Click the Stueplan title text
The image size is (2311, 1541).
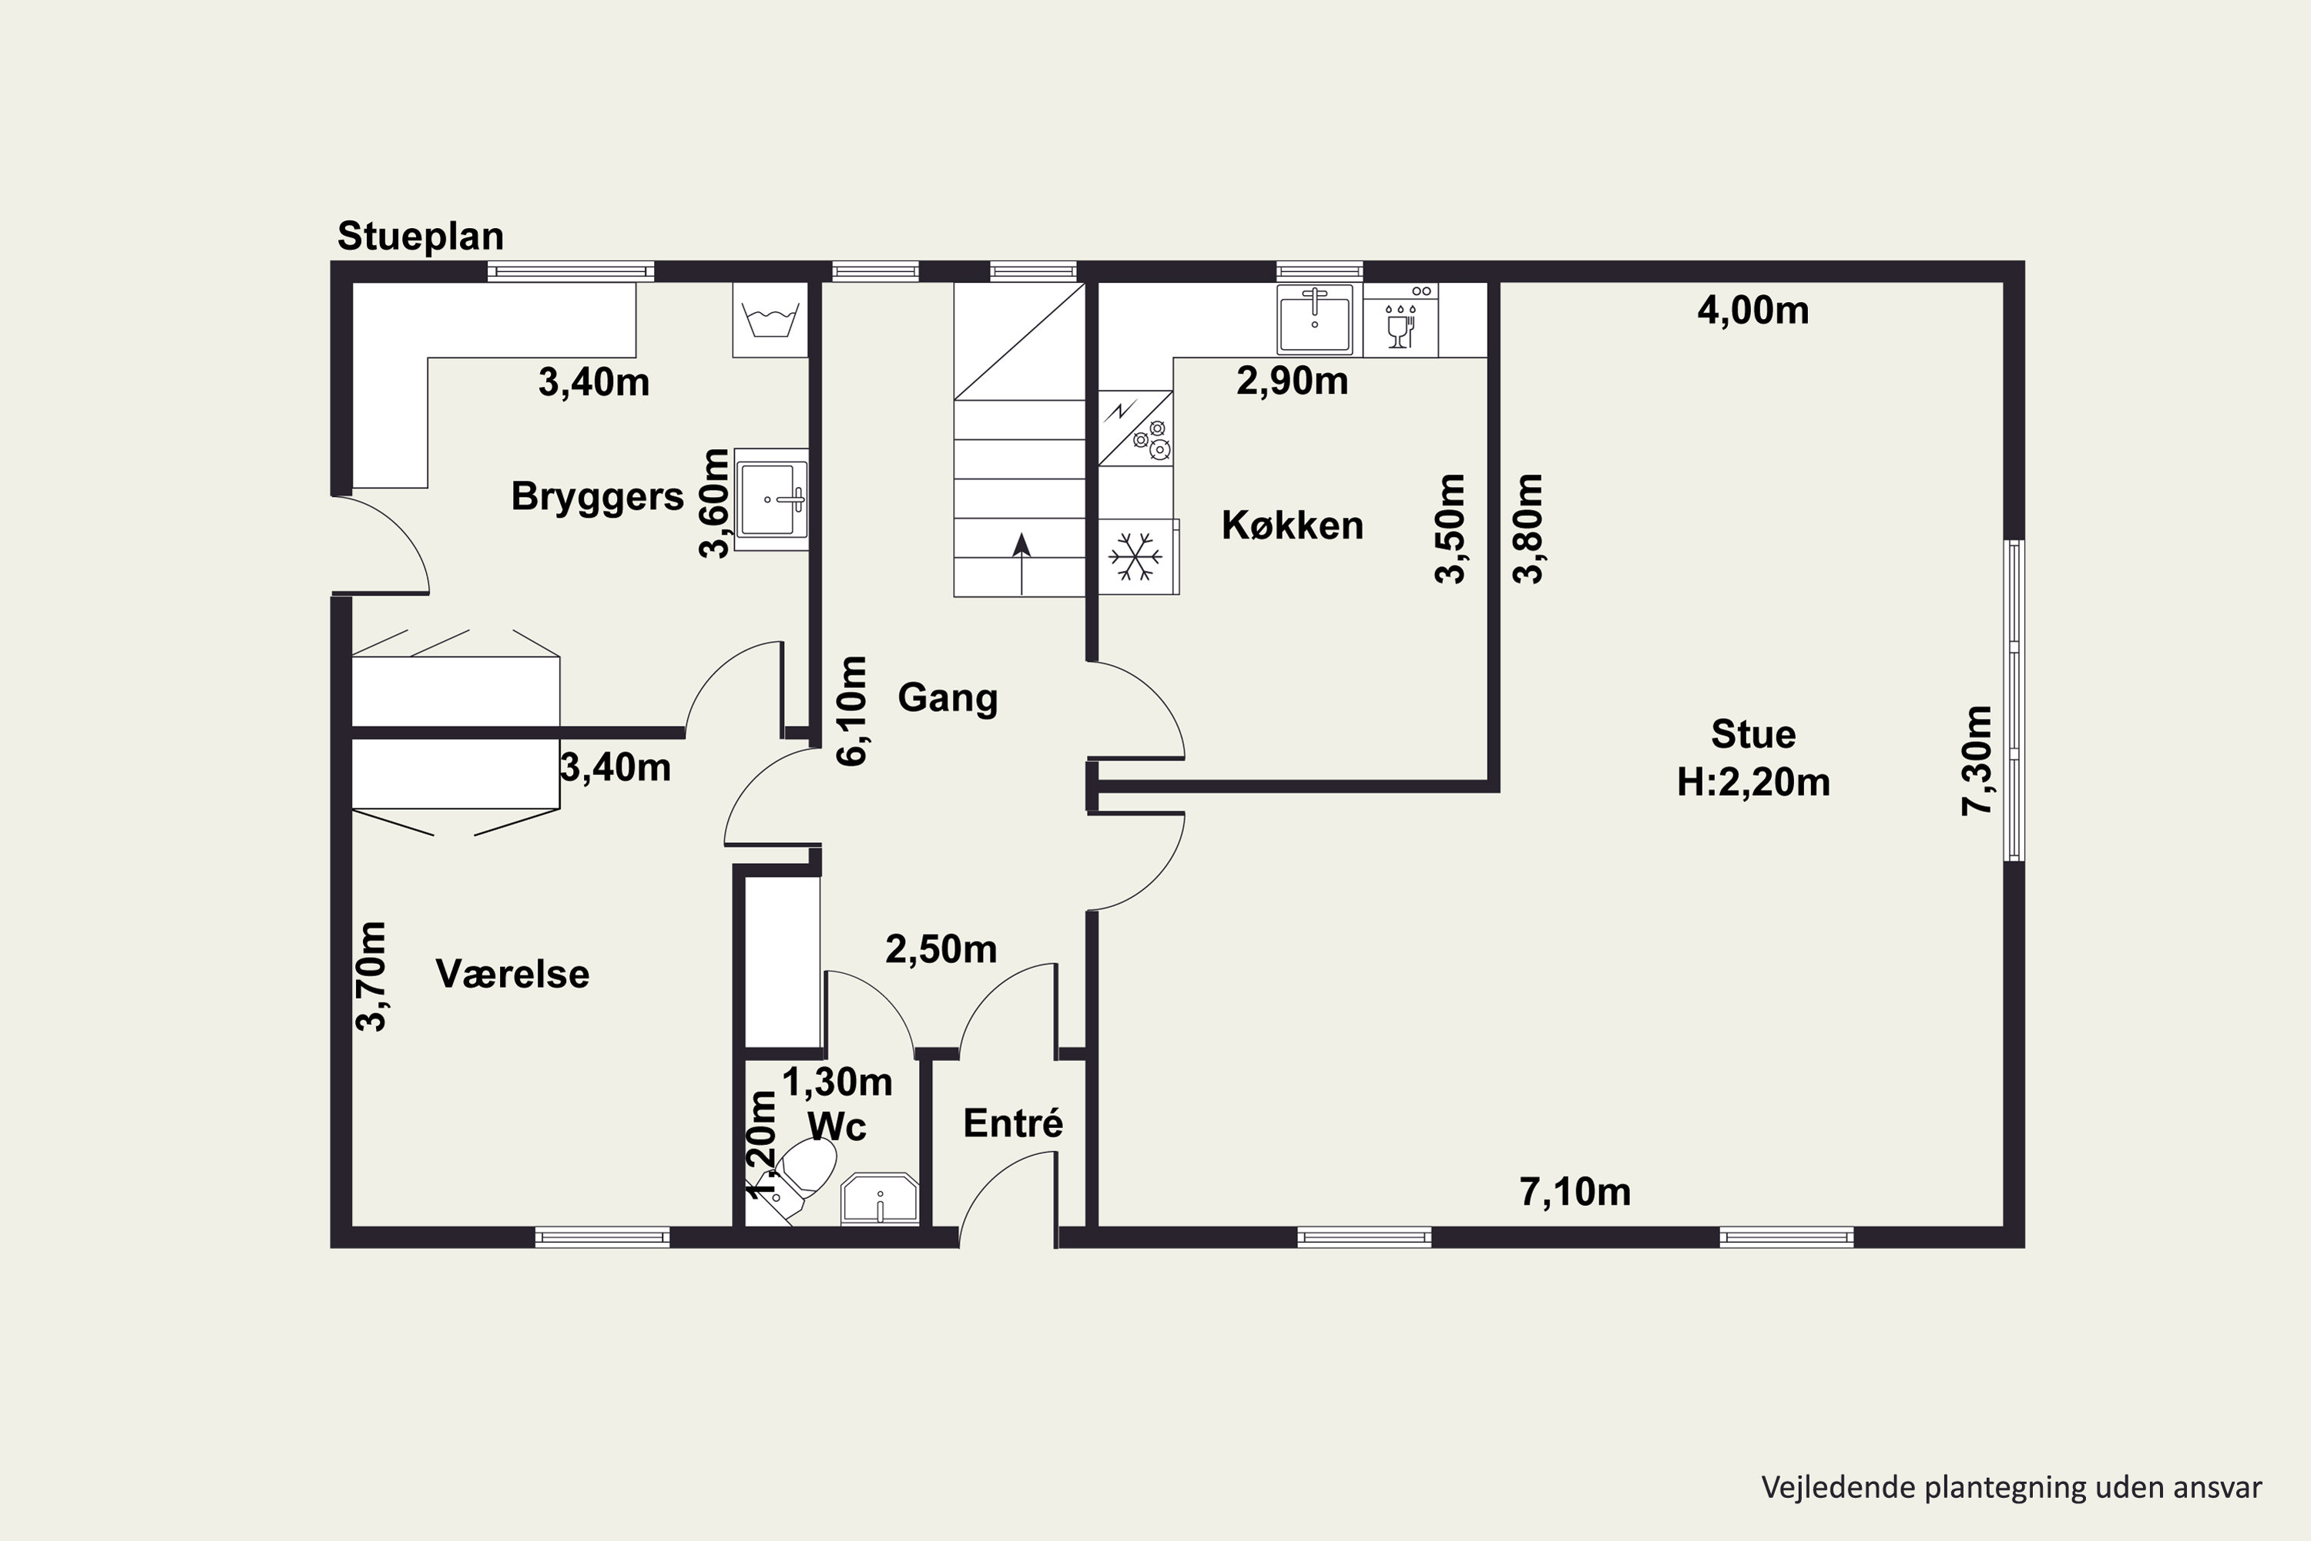pyautogui.click(x=421, y=237)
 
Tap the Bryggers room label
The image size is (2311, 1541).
pyautogui.click(x=598, y=497)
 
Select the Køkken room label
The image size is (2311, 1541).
pyautogui.click(x=1292, y=525)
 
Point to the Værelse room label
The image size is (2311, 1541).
pyautogui.click(x=512, y=974)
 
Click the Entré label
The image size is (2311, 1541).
pyautogui.click(x=1013, y=1123)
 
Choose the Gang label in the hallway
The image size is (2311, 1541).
pyautogui.click(x=948, y=698)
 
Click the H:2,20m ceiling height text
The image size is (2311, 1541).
pyautogui.click(x=1753, y=782)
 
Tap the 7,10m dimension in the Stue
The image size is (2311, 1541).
pyautogui.click(x=1575, y=1192)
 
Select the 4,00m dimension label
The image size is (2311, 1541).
pyautogui.click(x=1753, y=311)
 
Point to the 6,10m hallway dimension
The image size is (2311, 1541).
pyautogui.click(x=852, y=710)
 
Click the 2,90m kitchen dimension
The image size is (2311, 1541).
pyautogui.click(x=1292, y=381)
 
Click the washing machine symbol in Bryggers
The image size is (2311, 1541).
pyautogui.click(x=770, y=321)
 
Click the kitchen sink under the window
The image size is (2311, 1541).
pyautogui.click(x=1315, y=318)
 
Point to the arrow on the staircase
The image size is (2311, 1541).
pyautogui.click(x=1022, y=564)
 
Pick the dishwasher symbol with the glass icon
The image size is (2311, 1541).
pyautogui.click(x=1400, y=321)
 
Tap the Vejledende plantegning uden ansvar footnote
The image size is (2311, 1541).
pyautogui.click(x=2012, y=1487)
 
